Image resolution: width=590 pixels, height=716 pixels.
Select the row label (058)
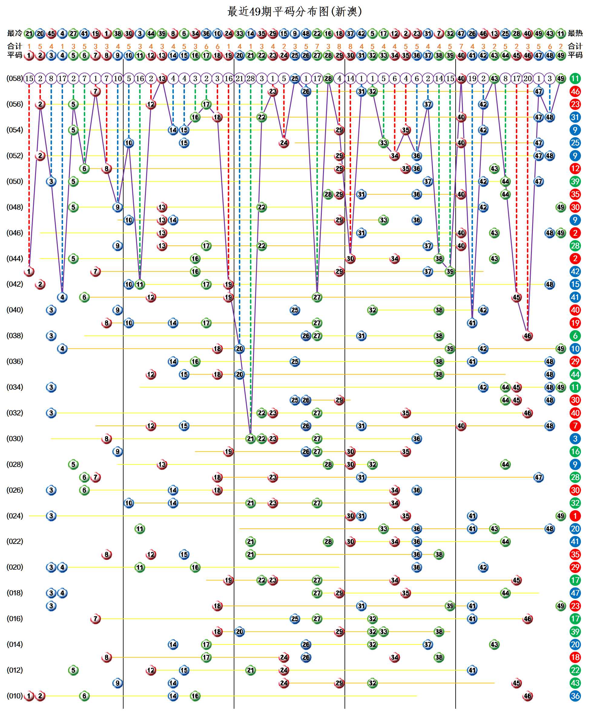click(15, 78)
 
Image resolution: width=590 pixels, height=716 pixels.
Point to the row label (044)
click(15, 258)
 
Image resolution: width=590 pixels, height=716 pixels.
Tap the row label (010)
click(15, 696)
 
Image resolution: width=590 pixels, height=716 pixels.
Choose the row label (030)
click(15, 438)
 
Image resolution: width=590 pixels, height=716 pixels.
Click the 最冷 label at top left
click(15, 33)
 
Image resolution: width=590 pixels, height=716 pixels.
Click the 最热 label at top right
click(575, 33)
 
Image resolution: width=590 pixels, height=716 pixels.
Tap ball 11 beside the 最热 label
click(561, 33)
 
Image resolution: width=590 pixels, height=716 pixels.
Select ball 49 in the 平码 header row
click(561, 55)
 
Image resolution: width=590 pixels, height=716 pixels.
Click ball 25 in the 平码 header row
click(295, 55)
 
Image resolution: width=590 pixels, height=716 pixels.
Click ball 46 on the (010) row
click(527, 696)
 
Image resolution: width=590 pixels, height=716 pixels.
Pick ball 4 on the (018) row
click(62, 593)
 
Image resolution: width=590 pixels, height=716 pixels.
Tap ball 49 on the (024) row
click(561, 516)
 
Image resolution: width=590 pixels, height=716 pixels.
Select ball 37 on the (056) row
click(428, 104)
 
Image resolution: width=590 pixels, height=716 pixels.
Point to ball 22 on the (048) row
click(262, 207)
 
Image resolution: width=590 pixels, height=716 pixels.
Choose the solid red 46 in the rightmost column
click(575, 91)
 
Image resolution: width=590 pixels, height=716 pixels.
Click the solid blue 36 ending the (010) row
click(575, 696)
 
